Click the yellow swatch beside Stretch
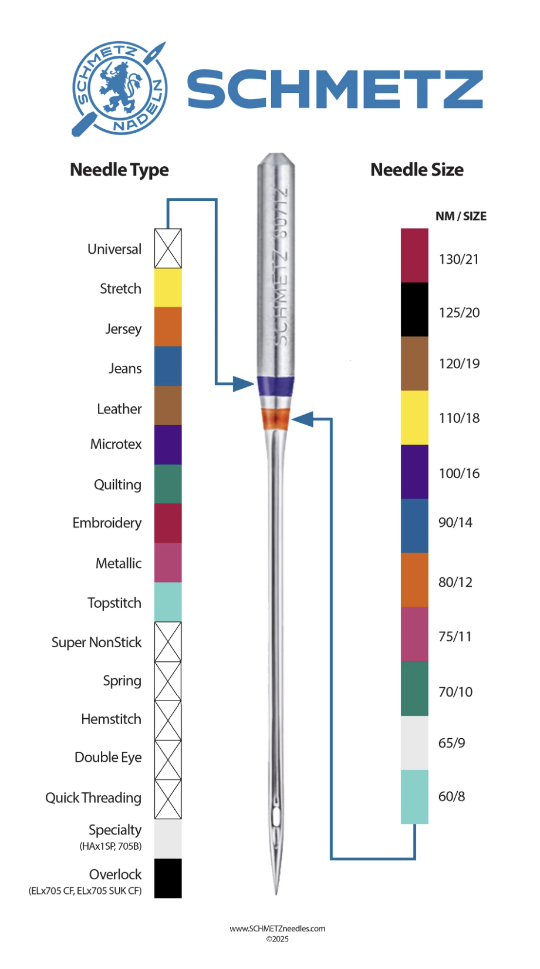168,288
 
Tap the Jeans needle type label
125,369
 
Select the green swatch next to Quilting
168,484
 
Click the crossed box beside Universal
168,248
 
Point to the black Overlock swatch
168,878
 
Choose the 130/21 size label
459,259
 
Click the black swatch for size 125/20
414,309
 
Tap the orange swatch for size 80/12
414,580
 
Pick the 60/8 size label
451,796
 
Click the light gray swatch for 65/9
414,743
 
